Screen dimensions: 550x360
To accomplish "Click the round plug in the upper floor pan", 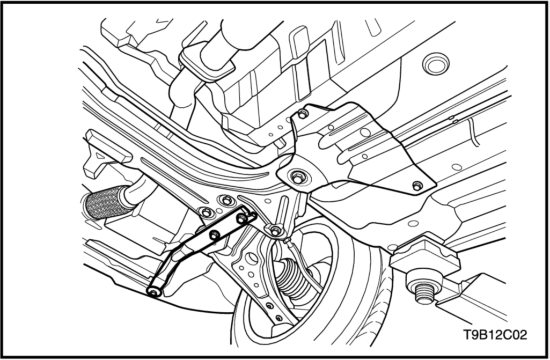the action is click(436, 64).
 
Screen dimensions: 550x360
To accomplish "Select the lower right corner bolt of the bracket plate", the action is click(417, 186).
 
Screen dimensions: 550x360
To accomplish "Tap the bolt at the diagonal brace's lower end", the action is click(153, 292).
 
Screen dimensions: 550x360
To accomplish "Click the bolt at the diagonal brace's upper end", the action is click(241, 219).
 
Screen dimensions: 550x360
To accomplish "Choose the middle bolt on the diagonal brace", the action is click(214, 235).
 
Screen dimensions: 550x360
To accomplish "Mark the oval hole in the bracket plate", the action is click(365, 133).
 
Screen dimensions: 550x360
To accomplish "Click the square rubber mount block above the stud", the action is click(425, 255).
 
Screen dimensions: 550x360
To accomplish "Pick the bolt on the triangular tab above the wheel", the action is click(276, 231).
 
